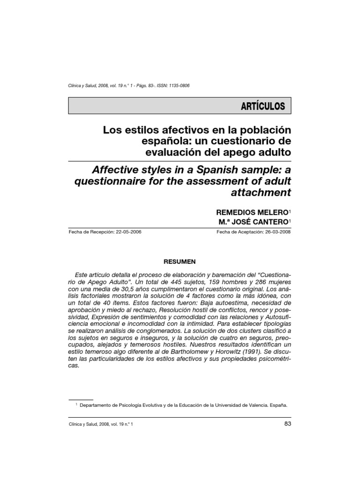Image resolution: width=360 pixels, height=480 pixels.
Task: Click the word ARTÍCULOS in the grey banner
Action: pos(263,106)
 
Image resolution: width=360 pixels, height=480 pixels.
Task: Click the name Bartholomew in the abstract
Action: pos(173,351)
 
